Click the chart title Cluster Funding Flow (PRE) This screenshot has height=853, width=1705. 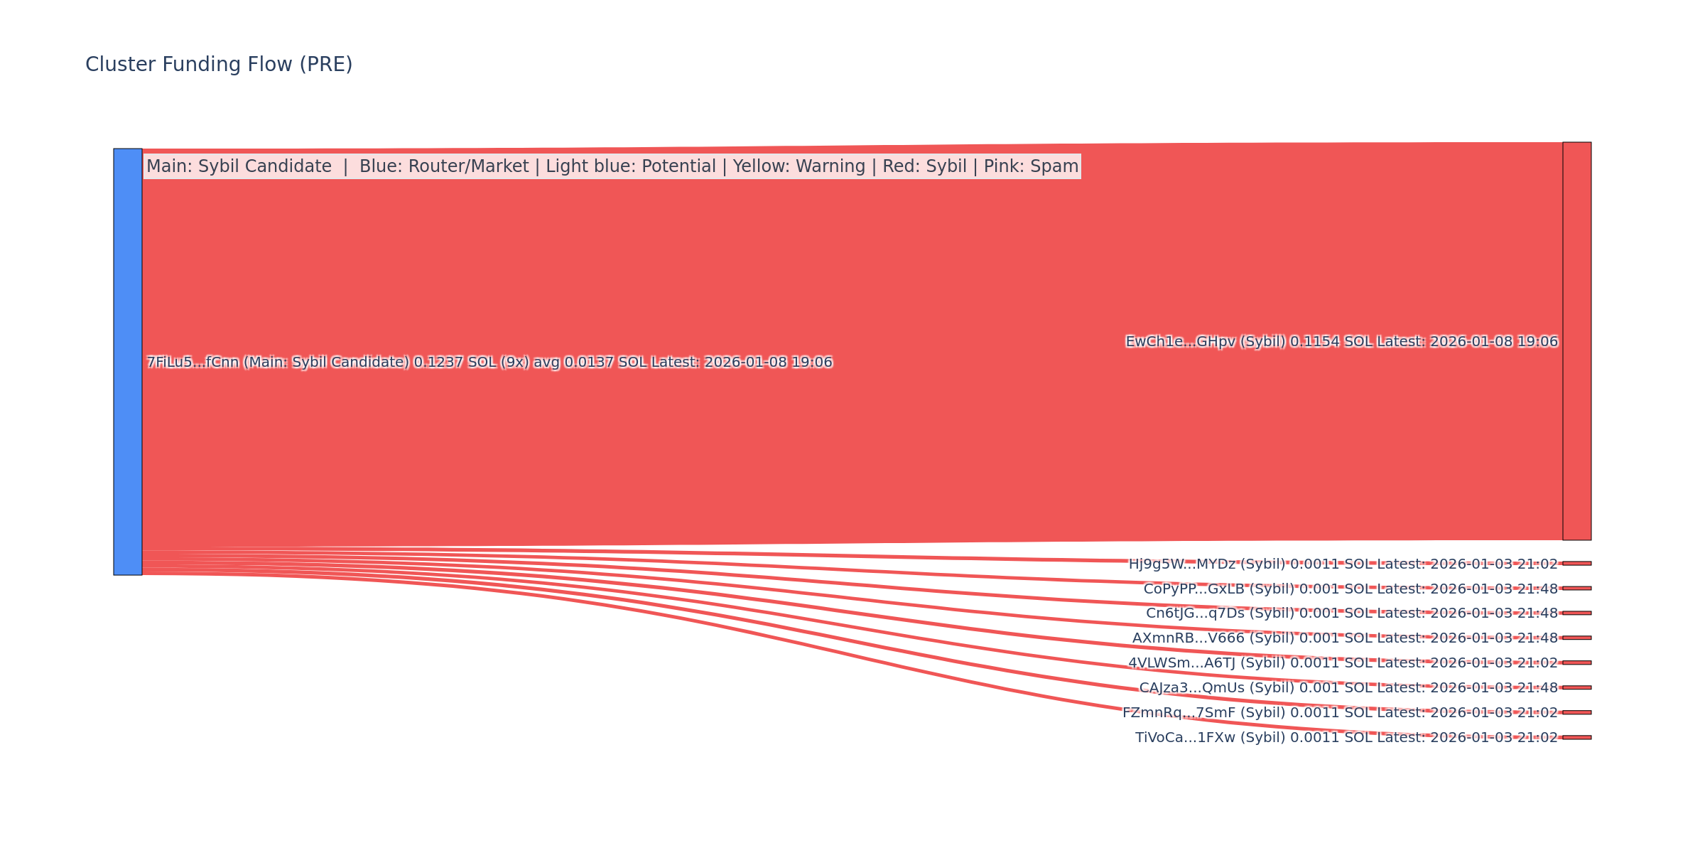(x=219, y=65)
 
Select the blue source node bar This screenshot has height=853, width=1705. (x=128, y=362)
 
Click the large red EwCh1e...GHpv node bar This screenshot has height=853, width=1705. (x=1576, y=341)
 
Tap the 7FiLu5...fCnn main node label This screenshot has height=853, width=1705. (x=489, y=363)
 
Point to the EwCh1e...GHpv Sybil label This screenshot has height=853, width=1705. (x=1341, y=342)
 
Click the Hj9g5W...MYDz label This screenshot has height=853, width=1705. (x=1343, y=564)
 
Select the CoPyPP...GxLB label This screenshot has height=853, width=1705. (x=1350, y=589)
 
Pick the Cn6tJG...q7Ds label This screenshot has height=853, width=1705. (x=1351, y=613)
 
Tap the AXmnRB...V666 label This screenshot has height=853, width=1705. (x=1344, y=638)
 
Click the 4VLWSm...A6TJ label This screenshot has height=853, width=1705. (x=1343, y=663)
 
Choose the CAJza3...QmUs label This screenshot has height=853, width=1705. (x=1348, y=688)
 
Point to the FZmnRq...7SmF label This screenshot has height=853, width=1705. (x=1339, y=713)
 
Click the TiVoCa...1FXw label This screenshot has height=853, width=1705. (x=1346, y=738)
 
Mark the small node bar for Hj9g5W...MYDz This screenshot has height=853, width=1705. (x=1576, y=563)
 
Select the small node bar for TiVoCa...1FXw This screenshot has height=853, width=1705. (x=1576, y=737)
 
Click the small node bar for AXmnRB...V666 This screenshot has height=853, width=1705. (x=1576, y=638)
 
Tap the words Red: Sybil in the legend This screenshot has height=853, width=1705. (x=924, y=166)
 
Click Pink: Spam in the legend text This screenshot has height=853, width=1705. (x=1031, y=166)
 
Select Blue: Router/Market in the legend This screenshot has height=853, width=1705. (x=444, y=166)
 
